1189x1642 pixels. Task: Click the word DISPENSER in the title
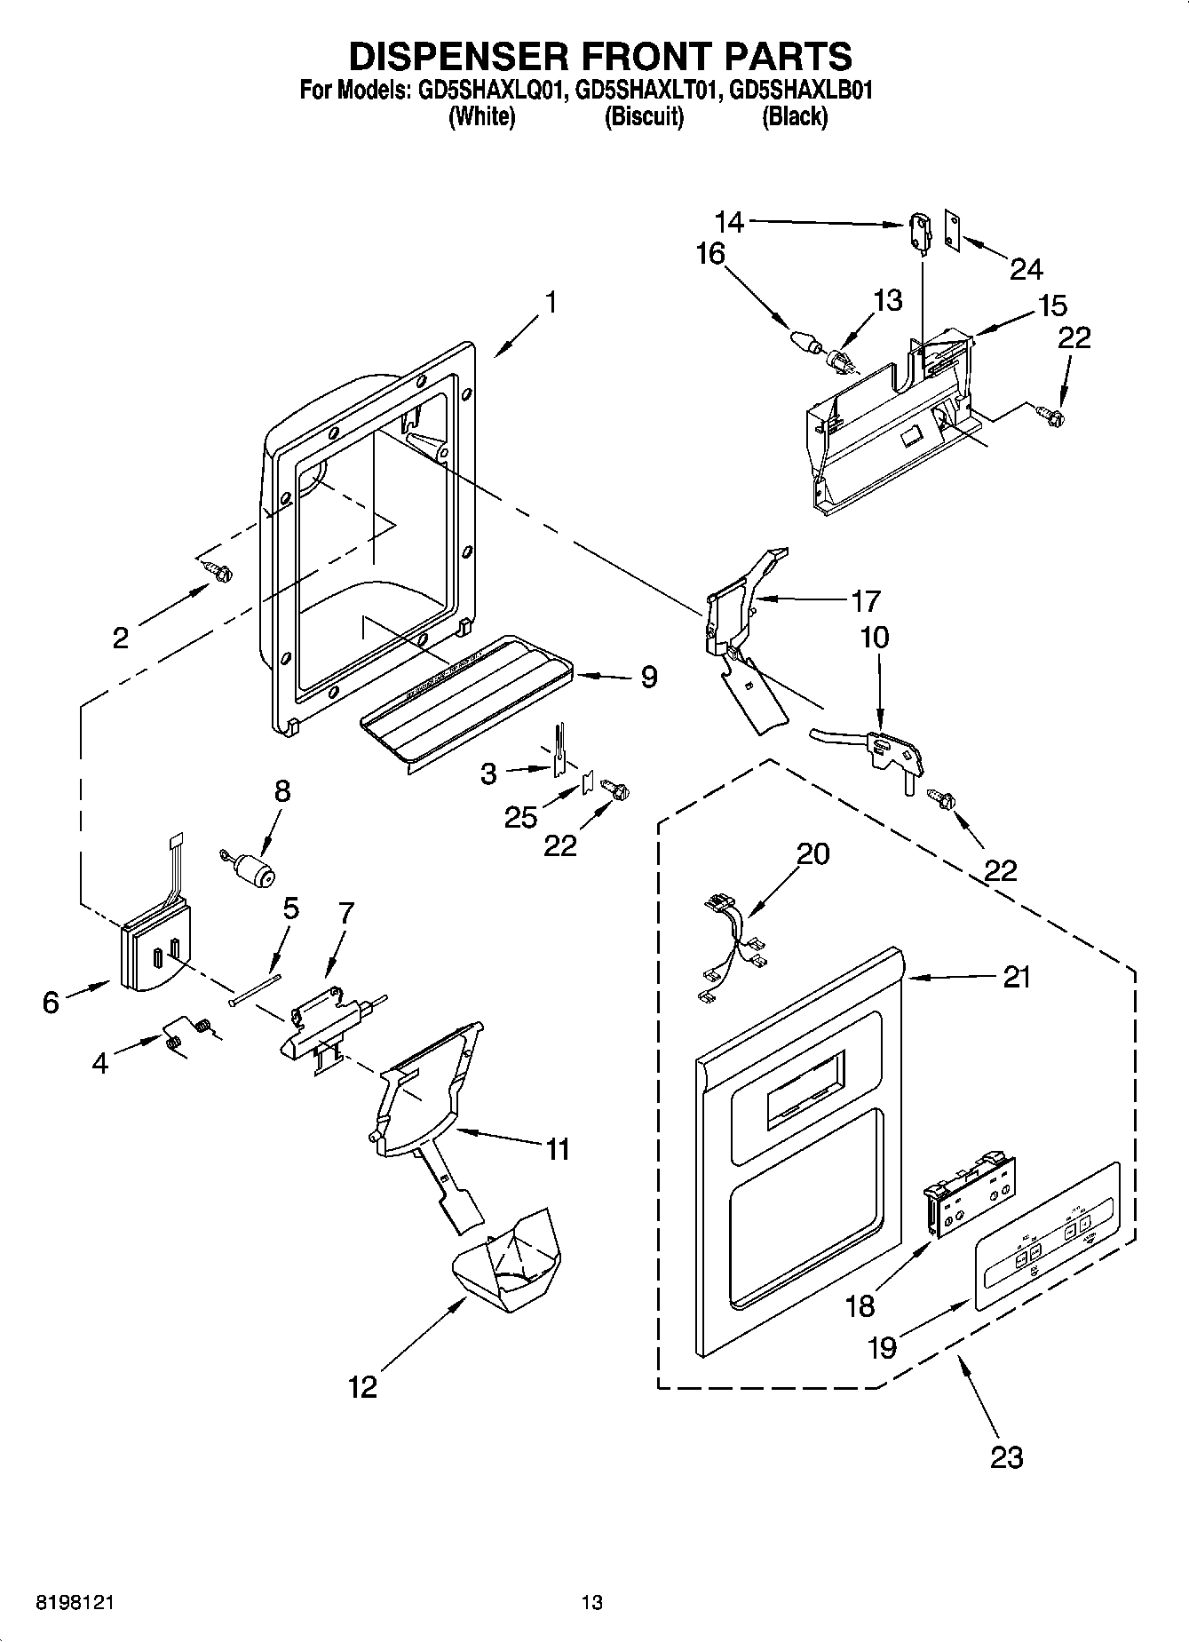[454, 56]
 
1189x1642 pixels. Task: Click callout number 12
[362, 1386]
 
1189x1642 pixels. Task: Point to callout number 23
[1006, 1457]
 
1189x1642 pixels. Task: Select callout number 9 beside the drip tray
[649, 678]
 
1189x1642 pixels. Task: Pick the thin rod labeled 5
[255, 988]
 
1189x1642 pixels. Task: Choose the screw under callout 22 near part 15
[1054, 413]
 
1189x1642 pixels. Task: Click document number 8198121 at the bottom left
[75, 1603]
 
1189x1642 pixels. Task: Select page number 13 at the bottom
[591, 1603]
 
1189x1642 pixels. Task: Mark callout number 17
[865, 601]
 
